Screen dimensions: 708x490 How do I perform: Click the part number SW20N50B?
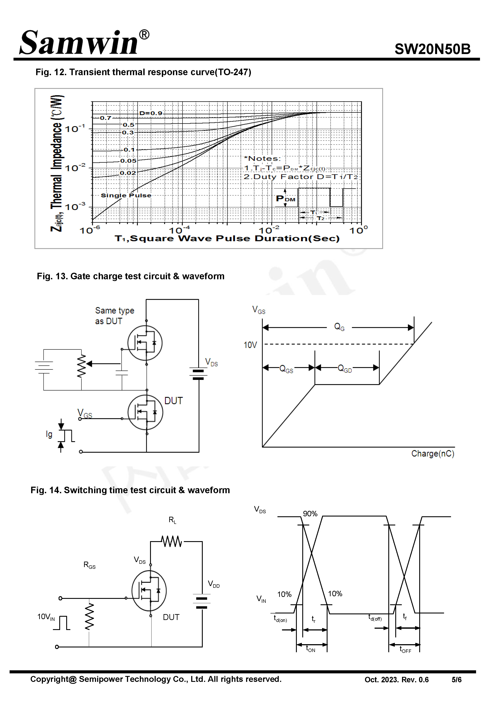[432, 49]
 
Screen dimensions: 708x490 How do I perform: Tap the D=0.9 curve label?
[151, 113]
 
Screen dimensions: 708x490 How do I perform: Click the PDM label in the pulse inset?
[285, 199]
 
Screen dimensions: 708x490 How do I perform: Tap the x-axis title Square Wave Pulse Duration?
[227, 239]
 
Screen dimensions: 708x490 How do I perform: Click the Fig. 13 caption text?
[130, 276]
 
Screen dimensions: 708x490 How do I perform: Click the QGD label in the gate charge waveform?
[345, 368]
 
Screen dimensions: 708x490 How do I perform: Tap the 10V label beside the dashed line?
[250, 345]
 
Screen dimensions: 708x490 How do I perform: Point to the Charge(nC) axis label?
[432, 454]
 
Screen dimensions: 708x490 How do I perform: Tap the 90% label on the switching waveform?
[310, 514]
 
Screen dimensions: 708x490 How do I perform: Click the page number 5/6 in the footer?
[456, 680]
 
